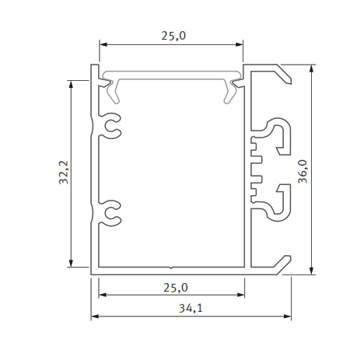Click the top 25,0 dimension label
point(173,35)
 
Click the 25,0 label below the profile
point(173,287)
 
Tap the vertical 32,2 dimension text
point(64,173)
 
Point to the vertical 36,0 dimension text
point(303,171)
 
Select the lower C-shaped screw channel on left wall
point(112,214)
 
